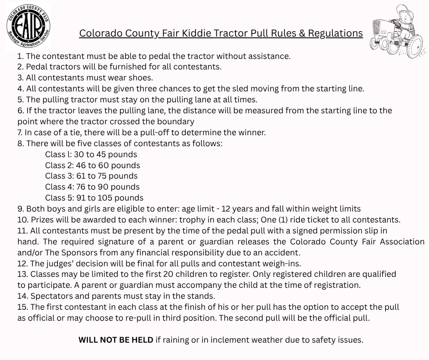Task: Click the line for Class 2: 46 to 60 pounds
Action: tap(92, 165)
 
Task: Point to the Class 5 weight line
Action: tap(94, 198)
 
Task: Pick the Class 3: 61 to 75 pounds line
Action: tap(91, 176)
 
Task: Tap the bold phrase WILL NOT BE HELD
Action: tap(116, 340)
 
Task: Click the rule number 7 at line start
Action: tap(20, 132)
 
